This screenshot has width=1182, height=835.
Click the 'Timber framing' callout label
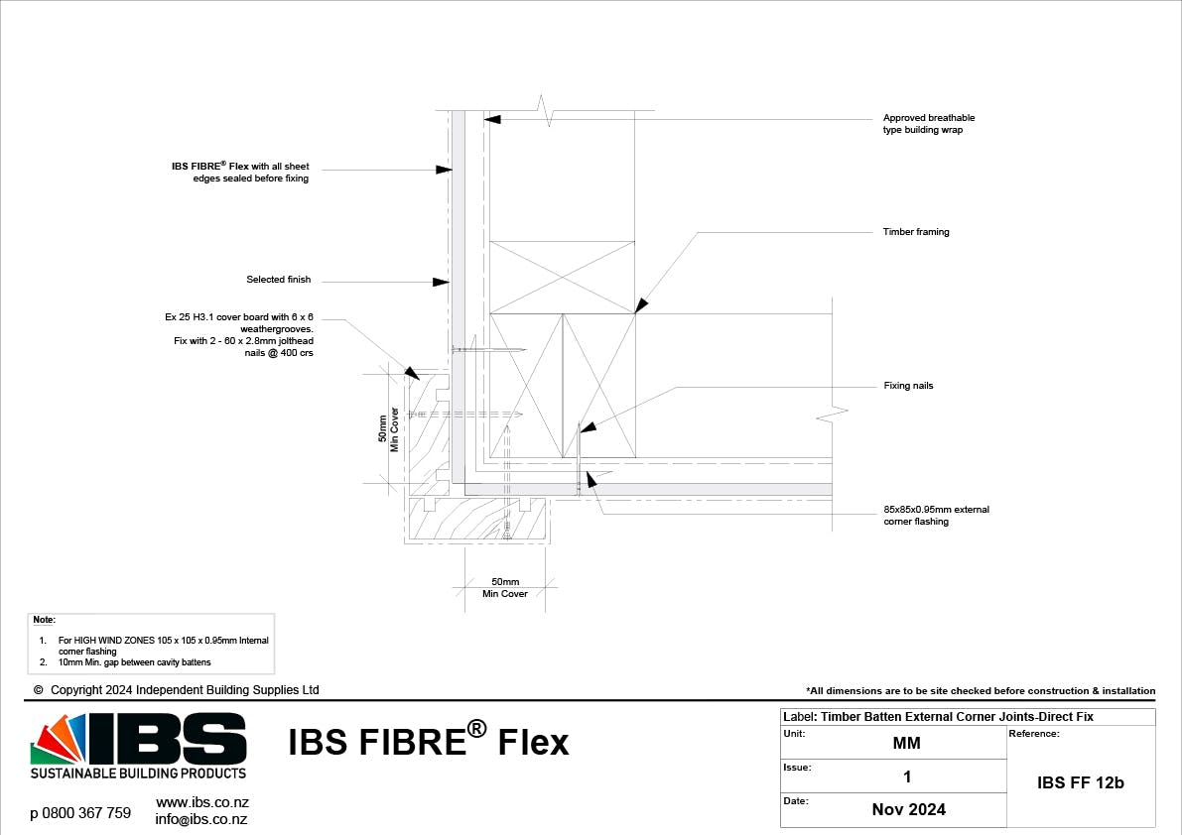(915, 232)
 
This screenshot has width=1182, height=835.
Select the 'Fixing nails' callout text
(908, 385)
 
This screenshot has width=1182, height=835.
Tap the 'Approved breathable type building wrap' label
(929, 124)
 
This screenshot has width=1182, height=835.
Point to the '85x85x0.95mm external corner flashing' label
(936, 516)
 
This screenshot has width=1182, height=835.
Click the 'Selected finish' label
(278, 280)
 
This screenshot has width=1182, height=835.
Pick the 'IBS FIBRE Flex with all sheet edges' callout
(240, 172)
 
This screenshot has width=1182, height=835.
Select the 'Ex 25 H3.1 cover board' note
(239, 335)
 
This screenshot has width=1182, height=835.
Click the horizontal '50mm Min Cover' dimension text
(505, 588)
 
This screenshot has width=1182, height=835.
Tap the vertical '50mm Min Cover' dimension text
(389, 428)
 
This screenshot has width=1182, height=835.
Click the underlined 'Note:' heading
(44, 620)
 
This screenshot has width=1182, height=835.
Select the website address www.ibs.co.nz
(202, 801)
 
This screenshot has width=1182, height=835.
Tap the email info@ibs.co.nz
(200, 819)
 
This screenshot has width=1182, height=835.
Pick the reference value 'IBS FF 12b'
(1080, 782)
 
